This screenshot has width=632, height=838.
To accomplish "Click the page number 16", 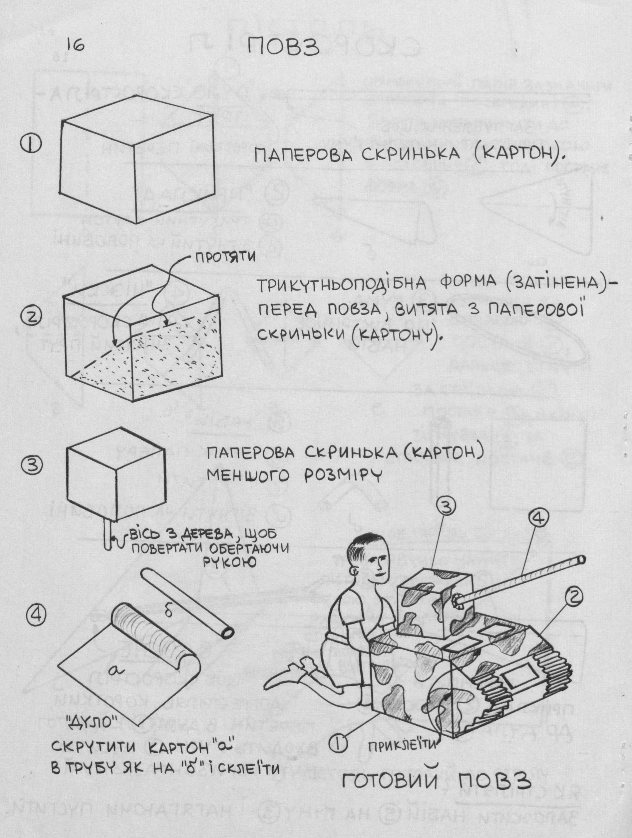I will tap(75, 45).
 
